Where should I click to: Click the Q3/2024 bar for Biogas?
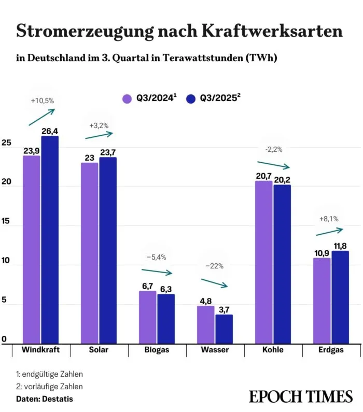[147, 316]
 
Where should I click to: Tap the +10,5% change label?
[42, 101]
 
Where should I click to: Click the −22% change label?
[214, 266]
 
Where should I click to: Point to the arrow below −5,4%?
[156, 271]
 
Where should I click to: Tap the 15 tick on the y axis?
[6, 226]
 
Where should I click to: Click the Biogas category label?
[157, 350]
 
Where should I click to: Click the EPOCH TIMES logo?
[300, 396]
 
